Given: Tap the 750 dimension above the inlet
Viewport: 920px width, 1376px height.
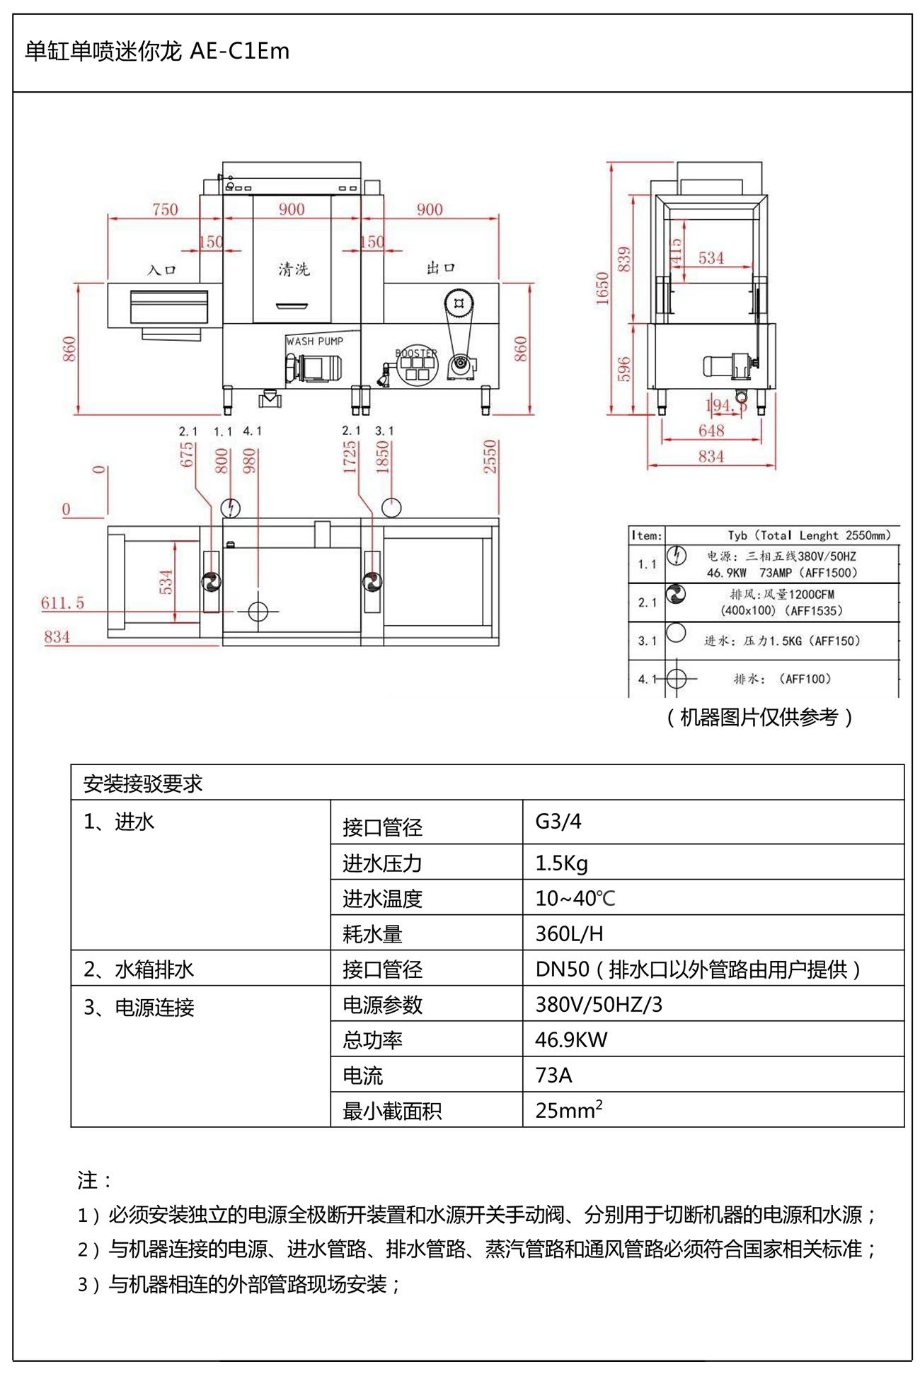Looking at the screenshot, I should click(x=165, y=209).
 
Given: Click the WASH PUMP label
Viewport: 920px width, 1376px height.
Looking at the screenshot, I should click(x=314, y=341).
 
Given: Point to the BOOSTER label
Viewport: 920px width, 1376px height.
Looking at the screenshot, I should click(x=416, y=353).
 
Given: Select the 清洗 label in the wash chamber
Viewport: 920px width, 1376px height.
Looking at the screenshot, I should click(x=294, y=269).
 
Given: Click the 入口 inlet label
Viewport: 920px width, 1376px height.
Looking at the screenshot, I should click(x=161, y=270).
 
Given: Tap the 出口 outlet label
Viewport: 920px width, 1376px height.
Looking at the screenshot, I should click(x=440, y=268).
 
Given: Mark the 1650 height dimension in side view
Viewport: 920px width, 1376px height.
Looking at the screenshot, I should click(x=602, y=288).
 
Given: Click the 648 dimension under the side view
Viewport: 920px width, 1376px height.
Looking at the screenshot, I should click(x=711, y=431).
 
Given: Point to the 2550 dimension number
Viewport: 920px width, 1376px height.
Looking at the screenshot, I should click(x=490, y=456).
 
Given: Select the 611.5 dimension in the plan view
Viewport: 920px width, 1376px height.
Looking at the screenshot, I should click(x=62, y=603).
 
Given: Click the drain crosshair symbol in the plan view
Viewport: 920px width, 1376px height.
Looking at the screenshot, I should click(x=258, y=610).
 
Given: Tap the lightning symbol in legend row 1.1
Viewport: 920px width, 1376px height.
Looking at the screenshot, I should click(x=677, y=556).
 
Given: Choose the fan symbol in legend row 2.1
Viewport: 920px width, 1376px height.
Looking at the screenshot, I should click(x=676, y=595).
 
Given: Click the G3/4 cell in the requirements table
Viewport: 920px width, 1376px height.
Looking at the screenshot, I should click(x=558, y=822).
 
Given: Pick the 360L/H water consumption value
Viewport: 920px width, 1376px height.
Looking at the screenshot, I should click(x=569, y=933).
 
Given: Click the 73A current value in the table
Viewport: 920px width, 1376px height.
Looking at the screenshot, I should click(x=553, y=1075).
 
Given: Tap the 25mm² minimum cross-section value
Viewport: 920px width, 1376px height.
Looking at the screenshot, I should click(x=568, y=1109).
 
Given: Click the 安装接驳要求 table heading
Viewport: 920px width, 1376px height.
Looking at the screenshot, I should click(x=143, y=783).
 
